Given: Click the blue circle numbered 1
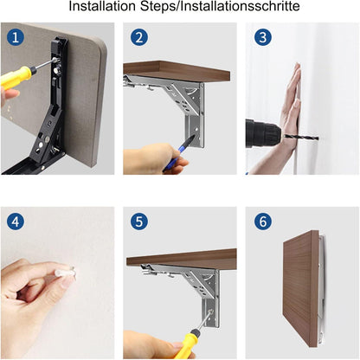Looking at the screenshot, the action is [x=16, y=37].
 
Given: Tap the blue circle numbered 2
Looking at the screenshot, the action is [x=139, y=37].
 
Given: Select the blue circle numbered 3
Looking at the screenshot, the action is [x=263, y=37].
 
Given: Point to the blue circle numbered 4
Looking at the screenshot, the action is [x=16, y=222].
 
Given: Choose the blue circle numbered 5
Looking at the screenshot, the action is [x=139, y=222].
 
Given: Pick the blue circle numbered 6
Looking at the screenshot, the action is [x=263, y=222].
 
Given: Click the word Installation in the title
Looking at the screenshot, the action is [x=102, y=6].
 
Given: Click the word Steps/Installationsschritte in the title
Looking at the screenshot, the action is [x=220, y=6].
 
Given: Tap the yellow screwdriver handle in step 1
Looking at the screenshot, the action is [x=16, y=75].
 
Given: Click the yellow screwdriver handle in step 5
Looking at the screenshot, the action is [x=187, y=345].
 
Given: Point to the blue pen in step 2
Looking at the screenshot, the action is [x=177, y=153].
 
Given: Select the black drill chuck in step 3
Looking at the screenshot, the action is [x=262, y=133].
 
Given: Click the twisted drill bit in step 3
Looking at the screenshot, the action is [x=301, y=137].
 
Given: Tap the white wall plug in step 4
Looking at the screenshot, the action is [x=65, y=272].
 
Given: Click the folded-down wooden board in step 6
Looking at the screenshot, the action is [x=301, y=287].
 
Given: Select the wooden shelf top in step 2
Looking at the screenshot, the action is [x=177, y=71].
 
